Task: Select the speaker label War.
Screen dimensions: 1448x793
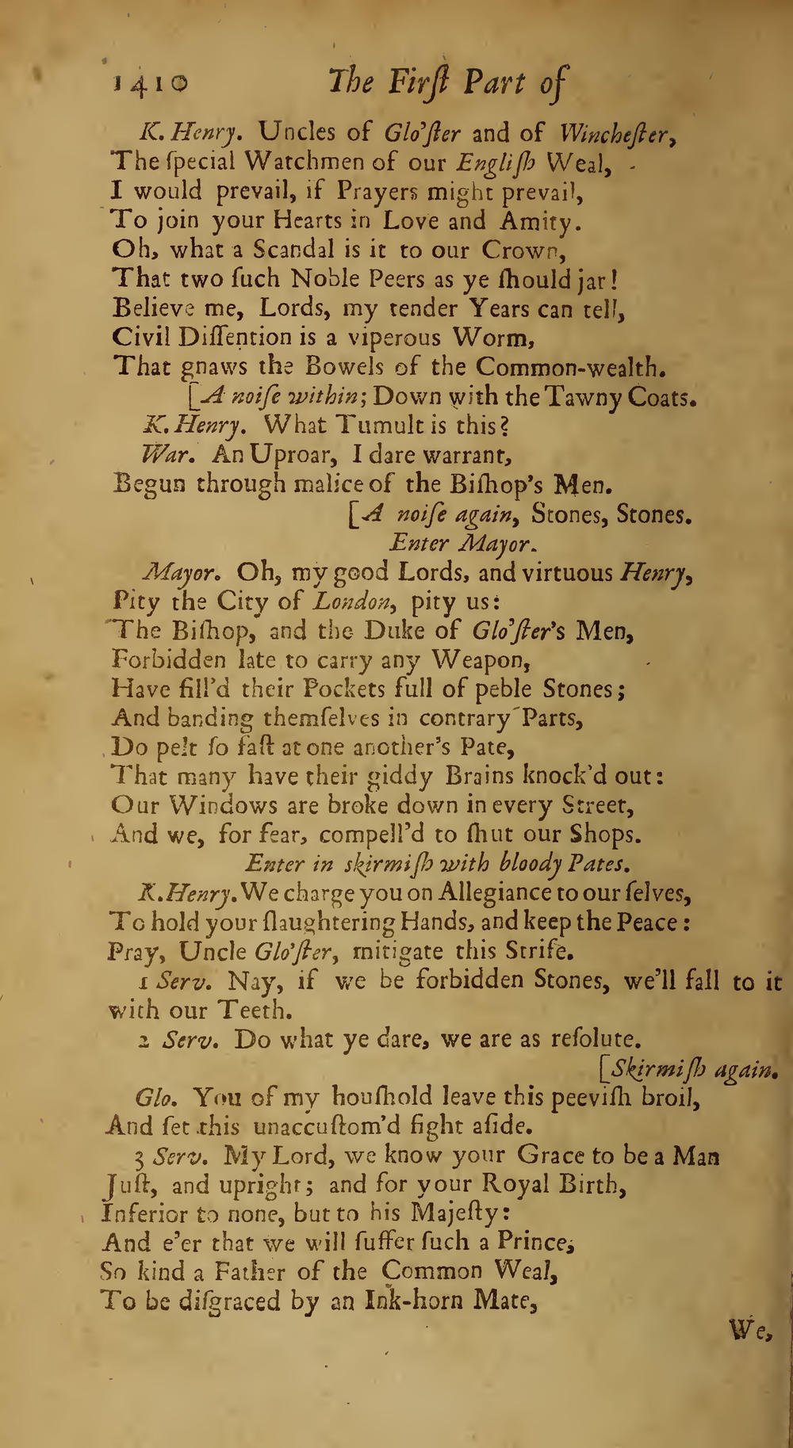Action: tap(164, 455)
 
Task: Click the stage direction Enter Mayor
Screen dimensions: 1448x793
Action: tap(462, 544)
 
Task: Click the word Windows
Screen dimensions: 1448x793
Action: tap(218, 805)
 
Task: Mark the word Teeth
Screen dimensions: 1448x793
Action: tap(253, 1011)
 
